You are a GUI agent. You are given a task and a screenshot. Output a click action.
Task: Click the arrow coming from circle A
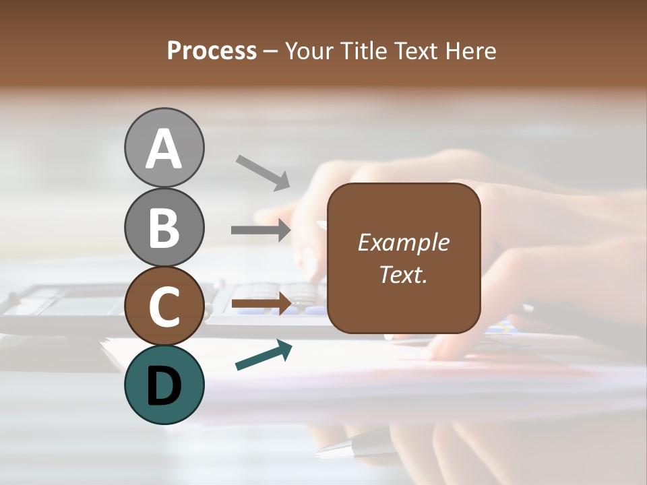coord(264,172)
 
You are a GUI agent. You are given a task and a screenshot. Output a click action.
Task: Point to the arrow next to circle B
coord(261,230)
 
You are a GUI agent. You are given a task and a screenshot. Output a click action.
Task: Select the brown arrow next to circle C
coord(261,304)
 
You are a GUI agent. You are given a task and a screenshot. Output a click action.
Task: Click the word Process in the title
coord(212,51)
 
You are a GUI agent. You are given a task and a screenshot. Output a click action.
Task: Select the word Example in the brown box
coord(403,243)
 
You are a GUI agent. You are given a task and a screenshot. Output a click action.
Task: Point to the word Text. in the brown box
coord(403,274)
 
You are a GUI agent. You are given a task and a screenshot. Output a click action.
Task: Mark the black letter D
coord(164,387)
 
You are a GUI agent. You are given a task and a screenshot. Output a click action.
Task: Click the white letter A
coord(164,149)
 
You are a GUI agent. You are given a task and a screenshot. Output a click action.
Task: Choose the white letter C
coord(164,306)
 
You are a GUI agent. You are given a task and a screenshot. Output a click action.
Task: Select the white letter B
coord(164,228)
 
